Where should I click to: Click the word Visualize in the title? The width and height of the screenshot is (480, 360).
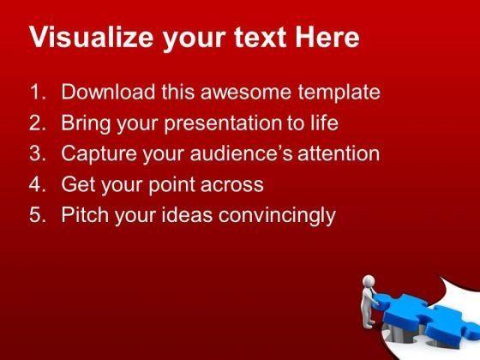(91, 37)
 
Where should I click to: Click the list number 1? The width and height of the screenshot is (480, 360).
(38, 92)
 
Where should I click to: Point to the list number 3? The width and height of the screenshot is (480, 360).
(38, 153)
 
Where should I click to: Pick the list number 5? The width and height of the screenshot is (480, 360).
(38, 214)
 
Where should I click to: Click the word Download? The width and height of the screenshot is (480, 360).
(108, 92)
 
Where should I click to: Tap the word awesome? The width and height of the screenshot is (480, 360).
(245, 93)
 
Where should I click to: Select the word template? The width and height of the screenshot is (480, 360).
(339, 93)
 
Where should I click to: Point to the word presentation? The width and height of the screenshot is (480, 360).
(222, 124)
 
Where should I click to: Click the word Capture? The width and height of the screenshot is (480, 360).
(99, 154)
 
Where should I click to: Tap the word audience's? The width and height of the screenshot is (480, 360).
(241, 153)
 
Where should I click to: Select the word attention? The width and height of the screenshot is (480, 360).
(339, 153)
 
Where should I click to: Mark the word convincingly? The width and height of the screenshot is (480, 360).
(277, 216)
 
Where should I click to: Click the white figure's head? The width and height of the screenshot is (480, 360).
(369, 281)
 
